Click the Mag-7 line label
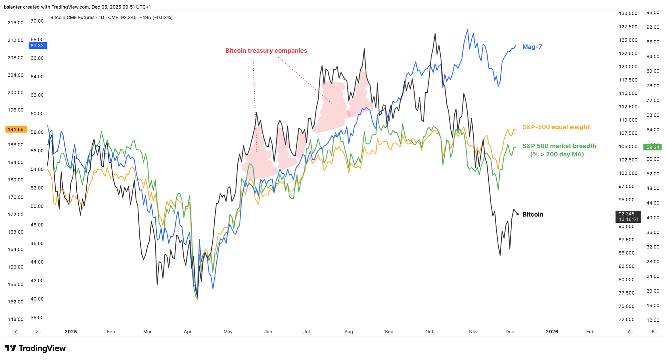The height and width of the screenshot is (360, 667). [x=532, y=47]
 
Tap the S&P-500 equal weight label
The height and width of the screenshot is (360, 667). [x=556, y=127]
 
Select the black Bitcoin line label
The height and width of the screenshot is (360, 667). [x=533, y=214]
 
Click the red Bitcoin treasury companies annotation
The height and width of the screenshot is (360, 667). [x=266, y=51]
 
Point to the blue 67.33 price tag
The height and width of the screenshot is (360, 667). [x=37, y=46]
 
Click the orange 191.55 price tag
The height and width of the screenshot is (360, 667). [x=15, y=129]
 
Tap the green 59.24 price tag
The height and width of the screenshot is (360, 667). [x=653, y=147]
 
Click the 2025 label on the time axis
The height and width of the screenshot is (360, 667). [x=71, y=332]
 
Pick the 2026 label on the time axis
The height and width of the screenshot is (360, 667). [x=552, y=332]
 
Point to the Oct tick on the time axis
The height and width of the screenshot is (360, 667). [x=429, y=332]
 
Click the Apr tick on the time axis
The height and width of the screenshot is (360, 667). [x=188, y=332]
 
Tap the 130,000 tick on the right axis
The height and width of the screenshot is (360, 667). [x=628, y=13]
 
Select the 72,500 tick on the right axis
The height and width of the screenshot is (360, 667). [x=627, y=319]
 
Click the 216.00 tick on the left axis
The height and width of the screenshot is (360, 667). [x=16, y=23]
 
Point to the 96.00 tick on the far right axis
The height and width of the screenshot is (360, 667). [x=653, y=12]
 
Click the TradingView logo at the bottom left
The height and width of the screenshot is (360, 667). [x=35, y=348]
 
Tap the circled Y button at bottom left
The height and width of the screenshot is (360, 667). [x=15, y=332]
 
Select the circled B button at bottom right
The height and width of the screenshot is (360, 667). [x=653, y=332]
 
